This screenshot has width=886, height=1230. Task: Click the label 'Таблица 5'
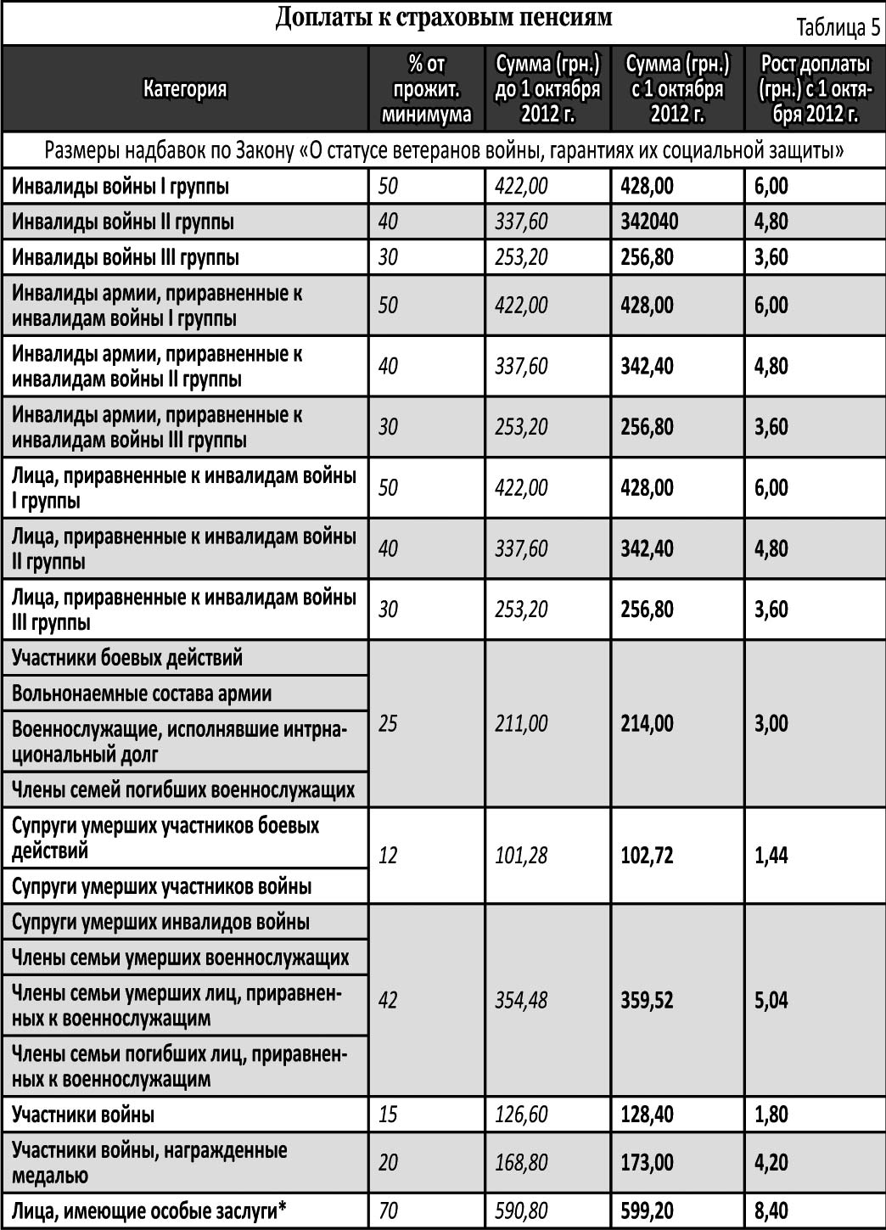pyautogui.click(x=838, y=28)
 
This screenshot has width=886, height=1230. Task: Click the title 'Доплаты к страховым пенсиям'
pyautogui.click(x=443, y=19)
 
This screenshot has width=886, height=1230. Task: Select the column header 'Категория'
pyautogui.click(x=185, y=89)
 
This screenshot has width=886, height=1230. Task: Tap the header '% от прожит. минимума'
pyautogui.click(x=427, y=89)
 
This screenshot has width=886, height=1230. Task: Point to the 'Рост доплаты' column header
pyautogui.click(x=815, y=89)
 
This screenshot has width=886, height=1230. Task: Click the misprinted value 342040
pyautogui.click(x=649, y=222)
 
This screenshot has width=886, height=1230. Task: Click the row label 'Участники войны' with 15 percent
pyautogui.click(x=83, y=1115)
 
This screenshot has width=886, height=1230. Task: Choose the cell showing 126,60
pyautogui.click(x=521, y=1115)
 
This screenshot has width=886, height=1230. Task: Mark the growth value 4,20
pyautogui.click(x=771, y=1162)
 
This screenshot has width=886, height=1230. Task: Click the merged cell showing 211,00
pyautogui.click(x=521, y=724)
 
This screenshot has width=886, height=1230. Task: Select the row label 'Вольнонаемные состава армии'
pyautogui.click(x=142, y=694)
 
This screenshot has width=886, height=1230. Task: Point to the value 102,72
pyautogui.click(x=647, y=855)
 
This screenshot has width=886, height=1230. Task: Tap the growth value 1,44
pyautogui.click(x=771, y=855)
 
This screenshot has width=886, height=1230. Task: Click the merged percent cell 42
pyautogui.click(x=388, y=1000)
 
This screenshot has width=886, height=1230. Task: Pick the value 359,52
pyautogui.click(x=647, y=1000)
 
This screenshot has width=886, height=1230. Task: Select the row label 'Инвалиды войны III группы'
pyautogui.click(x=126, y=257)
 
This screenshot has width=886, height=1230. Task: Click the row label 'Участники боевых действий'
pyautogui.click(x=127, y=658)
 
